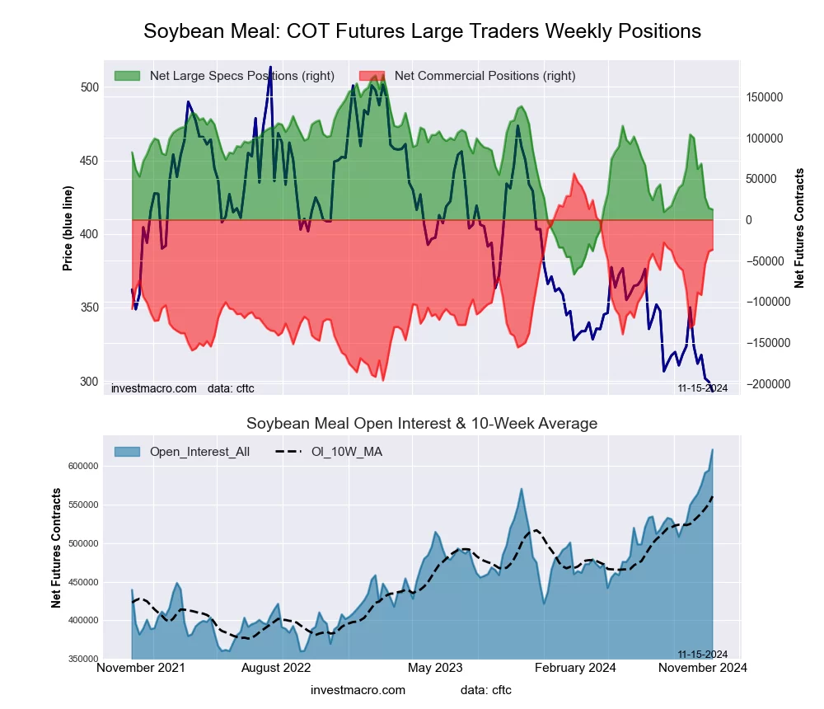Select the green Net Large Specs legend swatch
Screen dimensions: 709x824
(127, 76)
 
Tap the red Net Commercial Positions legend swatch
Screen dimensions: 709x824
(372, 76)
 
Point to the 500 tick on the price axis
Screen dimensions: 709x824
(90, 87)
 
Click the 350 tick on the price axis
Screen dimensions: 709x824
(90, 308)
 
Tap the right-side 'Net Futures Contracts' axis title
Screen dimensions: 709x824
(799, 228)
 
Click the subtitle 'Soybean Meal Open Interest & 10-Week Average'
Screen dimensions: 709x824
(422, 424)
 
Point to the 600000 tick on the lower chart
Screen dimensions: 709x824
(83, 466)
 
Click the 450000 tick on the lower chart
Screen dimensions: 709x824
(83, 582)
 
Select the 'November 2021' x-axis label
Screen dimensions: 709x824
(141, 668)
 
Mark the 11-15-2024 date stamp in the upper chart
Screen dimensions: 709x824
(702, 388)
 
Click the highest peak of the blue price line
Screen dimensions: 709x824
(270, 68)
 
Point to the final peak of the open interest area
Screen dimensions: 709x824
(712, 450)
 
